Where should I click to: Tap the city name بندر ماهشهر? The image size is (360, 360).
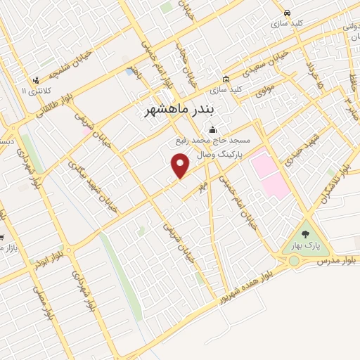tap(182, 111)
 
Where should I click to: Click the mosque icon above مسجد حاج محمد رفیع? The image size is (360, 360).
tap(212, 130)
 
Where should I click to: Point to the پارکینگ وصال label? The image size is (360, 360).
tap(218, 153)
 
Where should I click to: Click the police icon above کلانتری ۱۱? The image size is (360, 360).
tap(36, 80)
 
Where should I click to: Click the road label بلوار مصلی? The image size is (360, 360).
tap(41, 289)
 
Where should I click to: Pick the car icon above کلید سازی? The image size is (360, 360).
tap(287, 13)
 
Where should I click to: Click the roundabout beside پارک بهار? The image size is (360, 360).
tap(293, 261)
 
